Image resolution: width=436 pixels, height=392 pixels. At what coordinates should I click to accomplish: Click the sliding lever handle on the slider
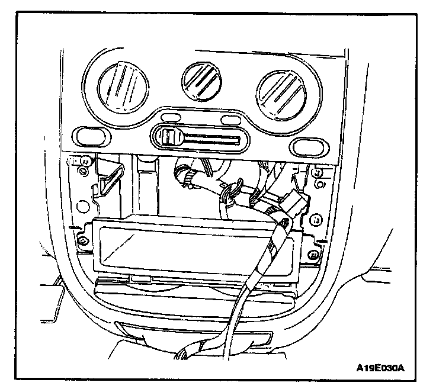[x=171, y=137]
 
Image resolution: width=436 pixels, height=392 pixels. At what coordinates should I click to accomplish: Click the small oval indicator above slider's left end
[x=171, y=117]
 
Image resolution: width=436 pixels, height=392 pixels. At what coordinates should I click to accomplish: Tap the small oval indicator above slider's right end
[x=226, y=121]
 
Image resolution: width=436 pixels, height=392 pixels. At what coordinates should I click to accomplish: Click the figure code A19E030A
[x=380, y=368]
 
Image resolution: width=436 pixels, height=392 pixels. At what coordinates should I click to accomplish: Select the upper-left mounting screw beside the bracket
[x=84, y=161]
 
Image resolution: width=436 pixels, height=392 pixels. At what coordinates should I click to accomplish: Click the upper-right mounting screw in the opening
[x=318, y=173]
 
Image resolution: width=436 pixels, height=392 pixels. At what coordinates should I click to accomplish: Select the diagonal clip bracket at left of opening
[x=111, y=178]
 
